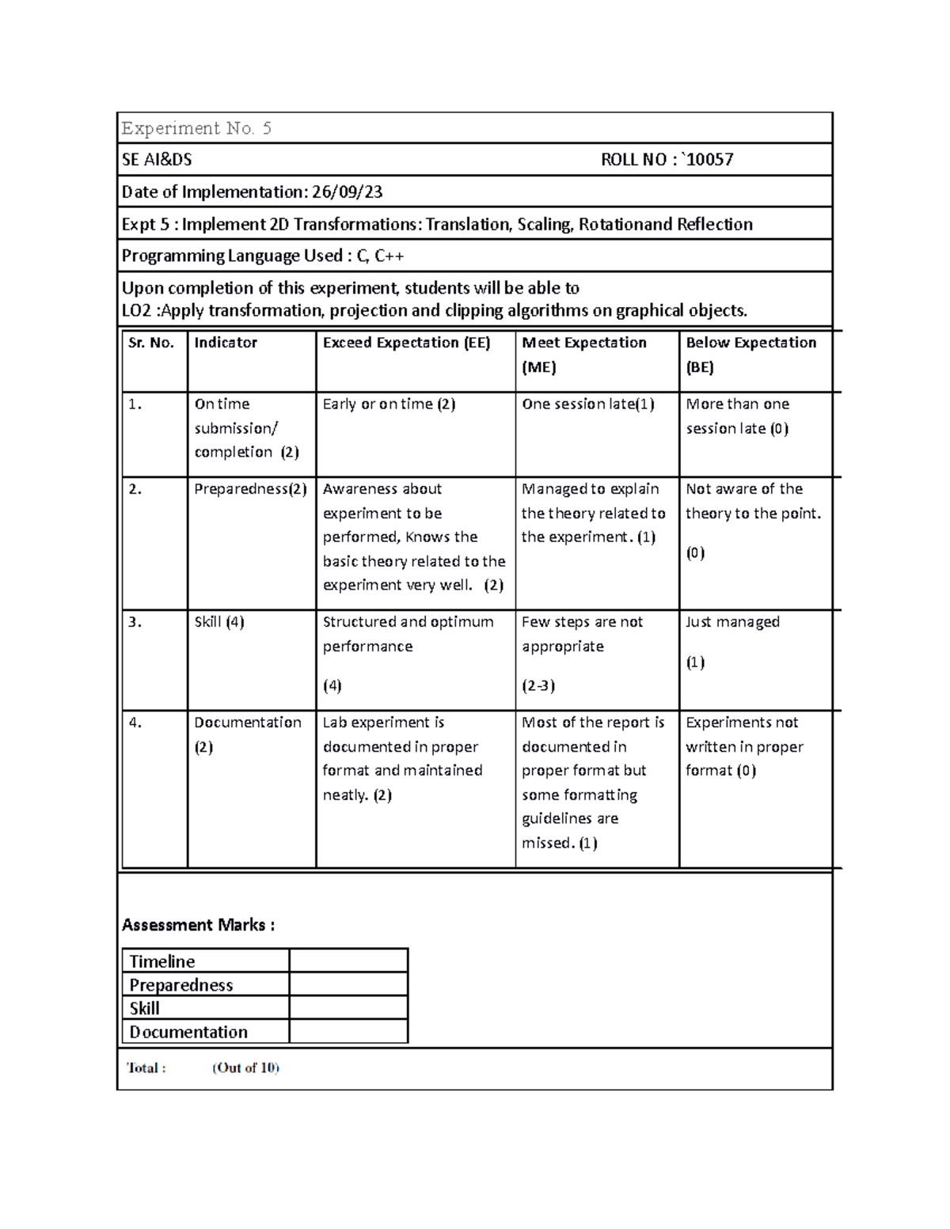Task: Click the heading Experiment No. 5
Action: tap(196, 128)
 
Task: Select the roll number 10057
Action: tap(710, 160)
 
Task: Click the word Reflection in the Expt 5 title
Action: tap(714, 225)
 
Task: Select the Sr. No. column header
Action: tap(151, 343)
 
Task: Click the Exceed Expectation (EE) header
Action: tap(406, 343)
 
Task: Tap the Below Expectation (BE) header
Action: tap(750, 354)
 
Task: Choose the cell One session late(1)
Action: tap(587, 404)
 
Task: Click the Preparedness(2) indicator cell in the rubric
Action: tap(250, 489)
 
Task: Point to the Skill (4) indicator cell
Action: tap(219, 622)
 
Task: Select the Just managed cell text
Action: tap(732, 622)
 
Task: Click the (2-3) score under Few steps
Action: tap(538, 686)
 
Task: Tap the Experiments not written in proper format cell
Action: tap(744, 746)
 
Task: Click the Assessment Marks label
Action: tap(198, 925)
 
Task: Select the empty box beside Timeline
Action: tap(348, 961)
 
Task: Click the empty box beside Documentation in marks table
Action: tap(348, 1032)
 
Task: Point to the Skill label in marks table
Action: tap(145, 1008)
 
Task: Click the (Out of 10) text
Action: tap(245, 1068)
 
